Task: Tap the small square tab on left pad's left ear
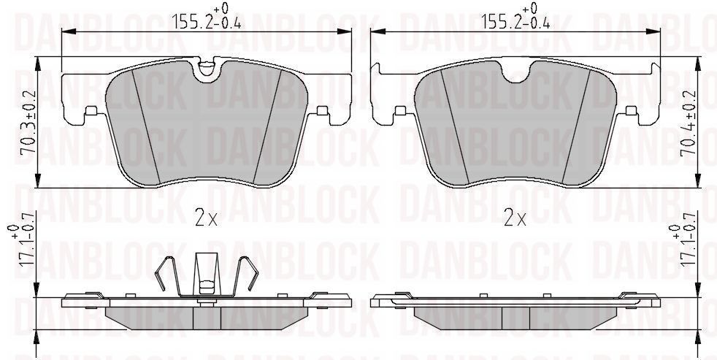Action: pos(91,111)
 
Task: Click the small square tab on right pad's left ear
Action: pos(399,111)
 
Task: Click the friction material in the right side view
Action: pos(515,315)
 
